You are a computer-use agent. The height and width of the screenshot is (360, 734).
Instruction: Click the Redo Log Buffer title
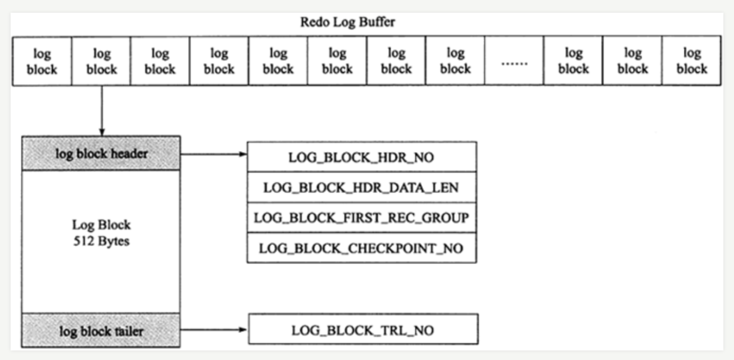point(347,22)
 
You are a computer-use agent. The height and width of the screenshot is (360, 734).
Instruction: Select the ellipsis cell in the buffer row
point(514,61)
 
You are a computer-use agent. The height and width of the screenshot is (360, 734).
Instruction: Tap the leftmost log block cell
point(42,61)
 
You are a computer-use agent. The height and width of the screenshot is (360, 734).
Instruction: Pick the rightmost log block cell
point(692,61)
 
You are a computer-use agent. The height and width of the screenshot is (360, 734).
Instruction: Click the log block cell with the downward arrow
point(101,61)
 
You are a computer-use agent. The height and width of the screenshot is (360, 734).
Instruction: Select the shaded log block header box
point(101,154)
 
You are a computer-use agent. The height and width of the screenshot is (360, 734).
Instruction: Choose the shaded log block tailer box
point(101,331)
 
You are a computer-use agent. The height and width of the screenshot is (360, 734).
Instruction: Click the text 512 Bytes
point(101,241)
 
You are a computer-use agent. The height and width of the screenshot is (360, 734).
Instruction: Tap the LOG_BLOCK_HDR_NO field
point(362,157)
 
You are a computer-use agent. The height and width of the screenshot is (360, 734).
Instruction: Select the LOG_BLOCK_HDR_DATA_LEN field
point(362,187)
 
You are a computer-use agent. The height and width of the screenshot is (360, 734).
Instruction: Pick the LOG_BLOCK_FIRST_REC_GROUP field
point(362,218)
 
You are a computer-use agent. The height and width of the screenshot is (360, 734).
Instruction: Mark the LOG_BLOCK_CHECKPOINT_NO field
point(362,248)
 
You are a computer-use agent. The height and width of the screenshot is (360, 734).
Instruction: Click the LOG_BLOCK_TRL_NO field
point(363,330)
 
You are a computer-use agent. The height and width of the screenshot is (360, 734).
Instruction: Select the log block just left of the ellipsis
point(455,61)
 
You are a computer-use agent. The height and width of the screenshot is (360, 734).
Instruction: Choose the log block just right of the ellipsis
point(573,61)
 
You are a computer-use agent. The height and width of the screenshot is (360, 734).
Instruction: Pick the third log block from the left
point(160,61)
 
